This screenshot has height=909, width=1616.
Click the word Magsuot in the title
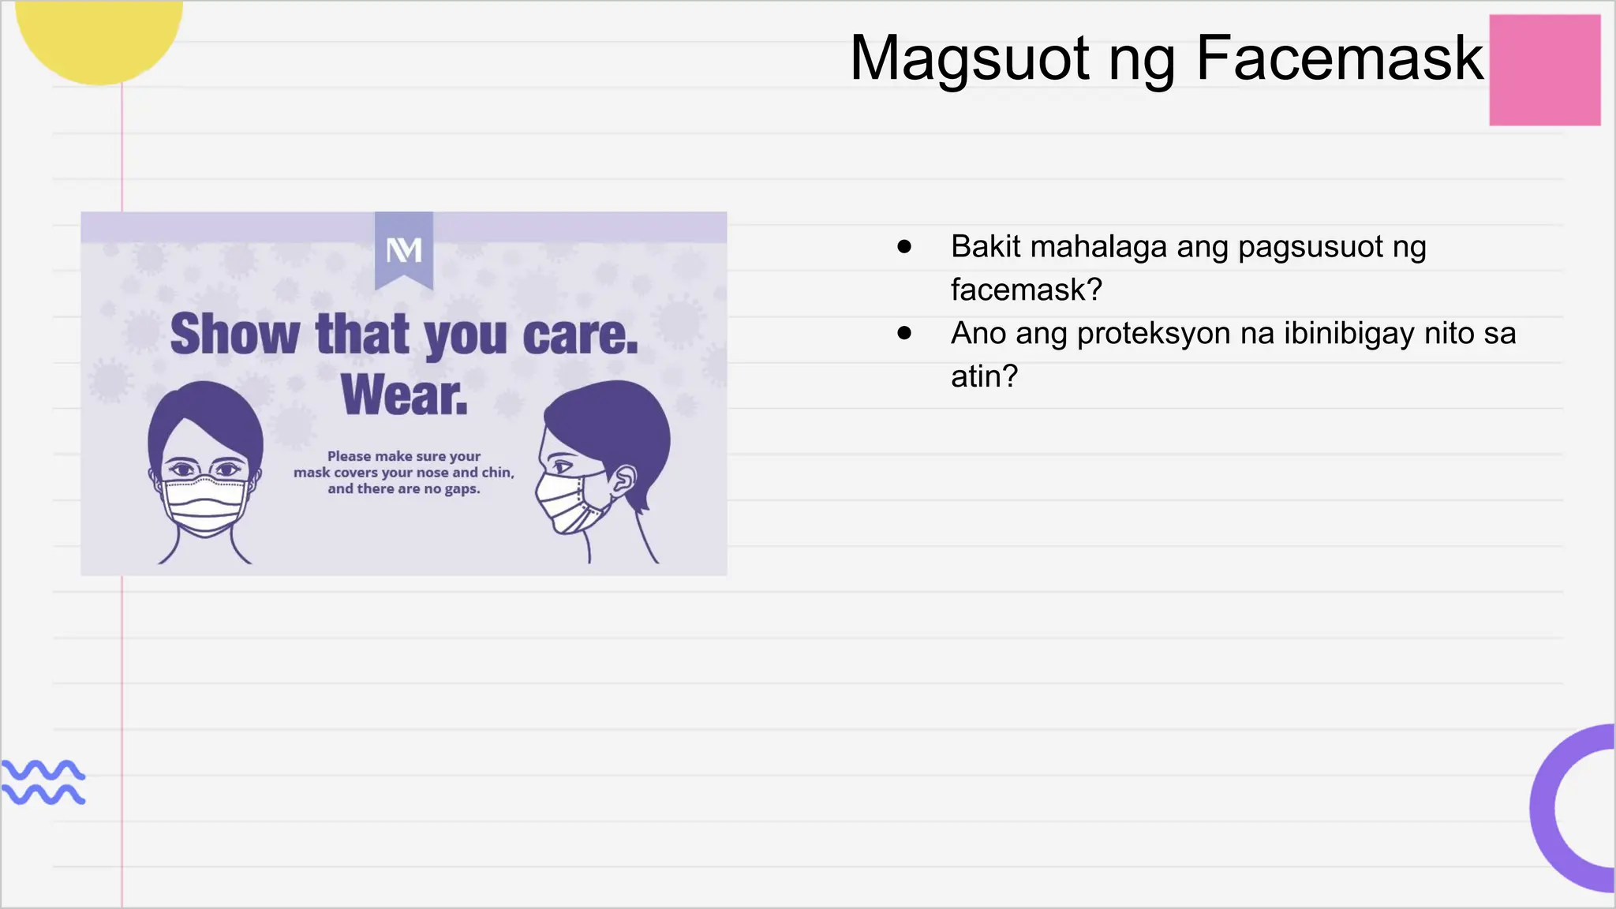coord(970,59)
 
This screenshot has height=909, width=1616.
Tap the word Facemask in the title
coord(1339,59)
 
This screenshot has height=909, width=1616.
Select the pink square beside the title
coord(1544,70)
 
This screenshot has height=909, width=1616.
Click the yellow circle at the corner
coord(99,36)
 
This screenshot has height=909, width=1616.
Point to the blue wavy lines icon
coord(43,782)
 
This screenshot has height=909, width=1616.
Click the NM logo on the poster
coord(404,251)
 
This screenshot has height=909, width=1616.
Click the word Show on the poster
coord(234,335)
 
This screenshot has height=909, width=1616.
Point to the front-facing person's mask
coord(205,505)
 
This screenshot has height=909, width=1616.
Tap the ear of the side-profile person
coord(623,479)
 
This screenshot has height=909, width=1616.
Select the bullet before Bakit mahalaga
coord(904,247)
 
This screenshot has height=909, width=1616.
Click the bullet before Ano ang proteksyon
coord(904,334)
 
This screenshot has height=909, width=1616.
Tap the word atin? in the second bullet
coord(984,377)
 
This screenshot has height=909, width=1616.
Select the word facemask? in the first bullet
coord(1026,290)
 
